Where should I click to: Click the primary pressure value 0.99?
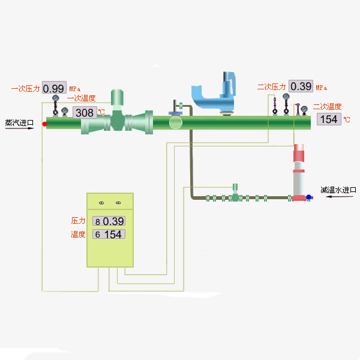tap(54, 87)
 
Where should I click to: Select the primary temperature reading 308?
tap(85, 112)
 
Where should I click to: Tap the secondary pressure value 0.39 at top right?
tap(301, 86)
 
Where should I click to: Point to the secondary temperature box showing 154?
tap(328, 119)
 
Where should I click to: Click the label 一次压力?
tap(26, 88)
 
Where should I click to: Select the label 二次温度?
tap(327, 107)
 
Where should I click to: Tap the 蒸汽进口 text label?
tap(19, 123)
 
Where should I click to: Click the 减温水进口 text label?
tap(338, 190)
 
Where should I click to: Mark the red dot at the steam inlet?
tap(44, 124)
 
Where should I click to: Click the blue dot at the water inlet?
tap(308, 197)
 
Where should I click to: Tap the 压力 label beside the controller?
tap(79, 221)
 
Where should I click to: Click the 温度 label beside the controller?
tap(79, 234)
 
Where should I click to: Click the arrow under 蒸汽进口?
tap(17, 128)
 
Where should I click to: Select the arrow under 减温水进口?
tap(338, 197)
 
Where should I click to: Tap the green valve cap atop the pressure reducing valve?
tap(118, 97)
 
